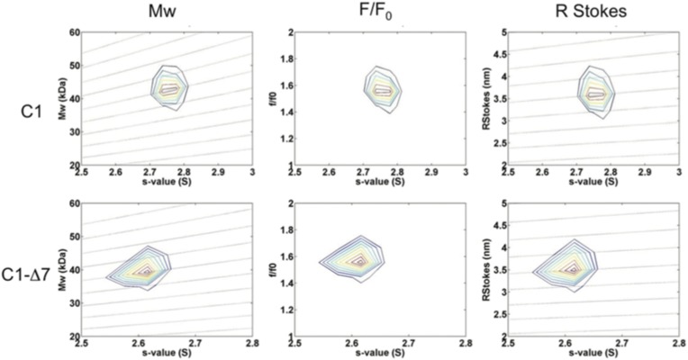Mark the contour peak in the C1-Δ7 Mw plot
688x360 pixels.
pyautogui.click(x=145, y=269)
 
